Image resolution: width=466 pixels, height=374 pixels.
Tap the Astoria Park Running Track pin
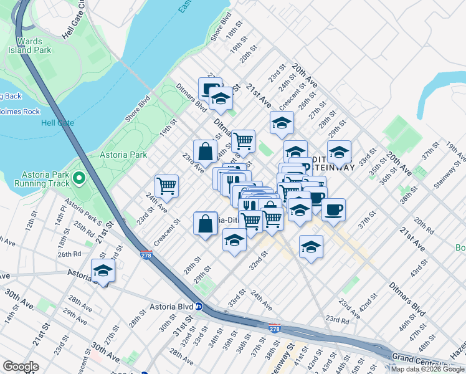(x=78, y=179)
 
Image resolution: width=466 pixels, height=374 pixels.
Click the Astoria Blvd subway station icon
(x=198, y=306)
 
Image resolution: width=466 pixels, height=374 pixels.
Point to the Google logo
(x=21, y=367)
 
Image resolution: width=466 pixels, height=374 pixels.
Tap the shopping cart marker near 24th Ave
(x=166, y=185)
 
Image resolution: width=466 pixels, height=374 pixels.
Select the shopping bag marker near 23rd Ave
(x=205, y=150)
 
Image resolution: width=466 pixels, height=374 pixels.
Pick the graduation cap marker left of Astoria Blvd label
(x=103, y=271)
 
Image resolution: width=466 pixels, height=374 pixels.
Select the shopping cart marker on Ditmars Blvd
(x=243, y=141)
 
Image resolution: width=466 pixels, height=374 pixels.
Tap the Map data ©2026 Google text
(x=427, y=369)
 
